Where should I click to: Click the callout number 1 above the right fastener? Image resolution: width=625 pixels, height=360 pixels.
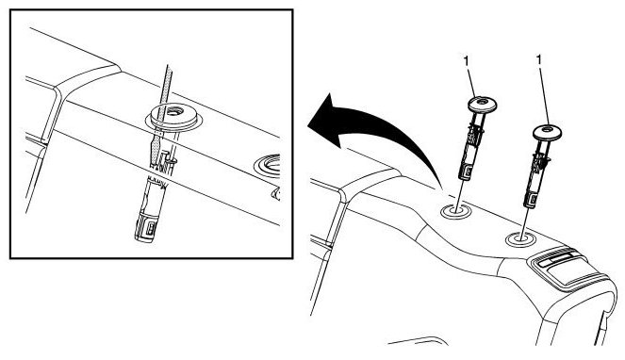[x=539, y=60]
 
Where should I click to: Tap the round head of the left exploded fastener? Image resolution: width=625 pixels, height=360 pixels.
[x=482, y=105]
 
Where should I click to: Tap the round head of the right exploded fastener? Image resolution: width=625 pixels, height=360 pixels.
[x=548, y=132]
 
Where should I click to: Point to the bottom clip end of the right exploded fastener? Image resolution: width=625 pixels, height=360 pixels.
[x=531, y=199]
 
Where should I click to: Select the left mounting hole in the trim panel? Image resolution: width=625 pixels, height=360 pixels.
[x=455, y=211]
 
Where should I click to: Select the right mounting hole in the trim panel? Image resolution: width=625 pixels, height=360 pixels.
[x=520, y=239]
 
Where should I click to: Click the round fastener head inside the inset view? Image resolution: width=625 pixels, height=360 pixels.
[x=173, y=115]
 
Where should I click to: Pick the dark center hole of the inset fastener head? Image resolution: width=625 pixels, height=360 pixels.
[x=174, y=110]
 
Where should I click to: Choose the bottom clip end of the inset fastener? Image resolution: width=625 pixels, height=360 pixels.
[x=146, y=227]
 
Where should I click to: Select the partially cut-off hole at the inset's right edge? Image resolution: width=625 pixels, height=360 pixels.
[x=268, y=167]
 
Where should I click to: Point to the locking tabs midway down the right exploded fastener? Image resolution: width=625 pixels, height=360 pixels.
[x=542, y=158]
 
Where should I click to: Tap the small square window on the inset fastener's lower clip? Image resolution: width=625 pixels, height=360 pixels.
[x=151, y=228]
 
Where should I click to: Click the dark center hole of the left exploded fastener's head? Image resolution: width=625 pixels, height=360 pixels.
[x=482, y=102]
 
